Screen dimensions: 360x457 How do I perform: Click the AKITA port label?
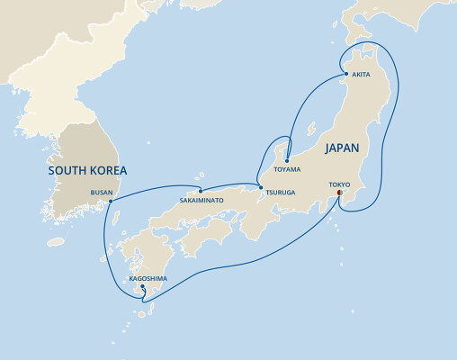point(361,75)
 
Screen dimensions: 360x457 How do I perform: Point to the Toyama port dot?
point(287,161)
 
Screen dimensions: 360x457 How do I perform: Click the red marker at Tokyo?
point(339,193)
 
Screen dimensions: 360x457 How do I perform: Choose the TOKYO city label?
point(339,184)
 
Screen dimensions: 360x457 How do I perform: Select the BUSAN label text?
point(103,192)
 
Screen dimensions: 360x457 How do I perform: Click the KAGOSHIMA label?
point(148,279)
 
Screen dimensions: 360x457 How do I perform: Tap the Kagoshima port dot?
point(142,287)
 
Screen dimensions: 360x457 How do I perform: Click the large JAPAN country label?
point(342,148)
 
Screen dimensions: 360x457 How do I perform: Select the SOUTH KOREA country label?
point(88,170)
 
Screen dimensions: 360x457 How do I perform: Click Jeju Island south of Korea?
point(58,241)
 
